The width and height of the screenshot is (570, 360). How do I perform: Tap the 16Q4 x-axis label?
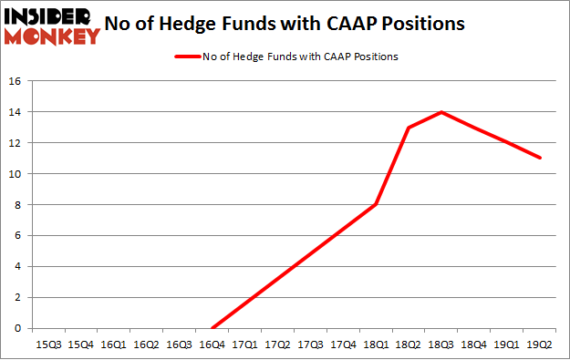[212, 345]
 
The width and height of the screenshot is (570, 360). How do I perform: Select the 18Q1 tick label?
[376, 345]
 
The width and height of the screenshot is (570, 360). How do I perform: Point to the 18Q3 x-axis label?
[441, 345]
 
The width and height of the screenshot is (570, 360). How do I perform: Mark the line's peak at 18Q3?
[441, 112]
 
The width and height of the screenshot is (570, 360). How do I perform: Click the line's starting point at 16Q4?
[212, 328]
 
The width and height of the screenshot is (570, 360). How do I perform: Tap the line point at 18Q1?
[376, 205]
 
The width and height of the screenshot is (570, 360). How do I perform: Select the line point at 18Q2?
[409, 128]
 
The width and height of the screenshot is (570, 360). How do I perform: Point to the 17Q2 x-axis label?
[277, 345]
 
